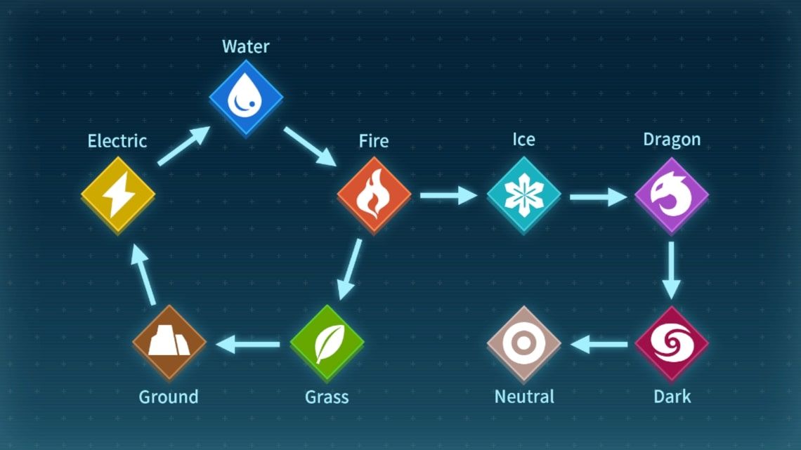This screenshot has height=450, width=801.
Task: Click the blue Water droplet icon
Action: pos(246,99)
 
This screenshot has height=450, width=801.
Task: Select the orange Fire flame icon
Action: pos(374,194)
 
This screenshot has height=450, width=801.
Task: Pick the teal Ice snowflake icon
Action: pos(523,194)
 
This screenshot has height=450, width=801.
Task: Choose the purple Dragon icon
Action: pos(672,194)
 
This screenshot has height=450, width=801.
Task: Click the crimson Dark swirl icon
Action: pos(672,343)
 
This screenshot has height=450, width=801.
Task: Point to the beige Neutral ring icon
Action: pos(523,343)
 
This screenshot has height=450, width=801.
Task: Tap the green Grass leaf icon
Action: pos(327,343)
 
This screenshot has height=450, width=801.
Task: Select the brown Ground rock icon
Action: pos(169,343)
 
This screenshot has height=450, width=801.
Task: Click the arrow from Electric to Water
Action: pos(183,146)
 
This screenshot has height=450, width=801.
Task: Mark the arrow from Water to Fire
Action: pos(310,146)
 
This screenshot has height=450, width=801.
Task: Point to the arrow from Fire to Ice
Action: pos(448,194)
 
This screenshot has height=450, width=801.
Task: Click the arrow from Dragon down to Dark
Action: pos(672,270)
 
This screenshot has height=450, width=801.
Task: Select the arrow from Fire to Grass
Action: pos(350,270)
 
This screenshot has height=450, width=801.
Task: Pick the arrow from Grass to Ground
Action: pos(247,344)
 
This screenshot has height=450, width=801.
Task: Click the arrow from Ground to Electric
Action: pos(145,276)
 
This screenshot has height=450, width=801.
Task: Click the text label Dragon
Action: pos(672,140)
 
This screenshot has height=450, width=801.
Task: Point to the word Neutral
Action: pos(524,397)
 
